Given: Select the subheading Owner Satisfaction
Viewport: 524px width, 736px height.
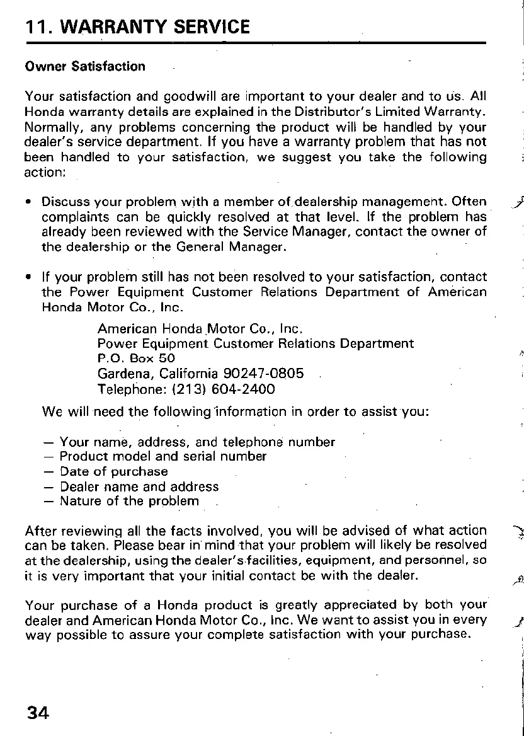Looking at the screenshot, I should [84, 66].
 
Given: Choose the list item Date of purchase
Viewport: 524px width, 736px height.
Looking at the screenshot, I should [113, 471].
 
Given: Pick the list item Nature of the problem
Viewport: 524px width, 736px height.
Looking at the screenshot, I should [129, 502].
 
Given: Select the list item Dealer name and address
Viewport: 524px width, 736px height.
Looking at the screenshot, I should [139, 486].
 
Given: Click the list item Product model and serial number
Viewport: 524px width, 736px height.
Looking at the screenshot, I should [162, 456].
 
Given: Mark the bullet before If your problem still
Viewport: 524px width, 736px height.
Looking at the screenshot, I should [29, 277].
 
